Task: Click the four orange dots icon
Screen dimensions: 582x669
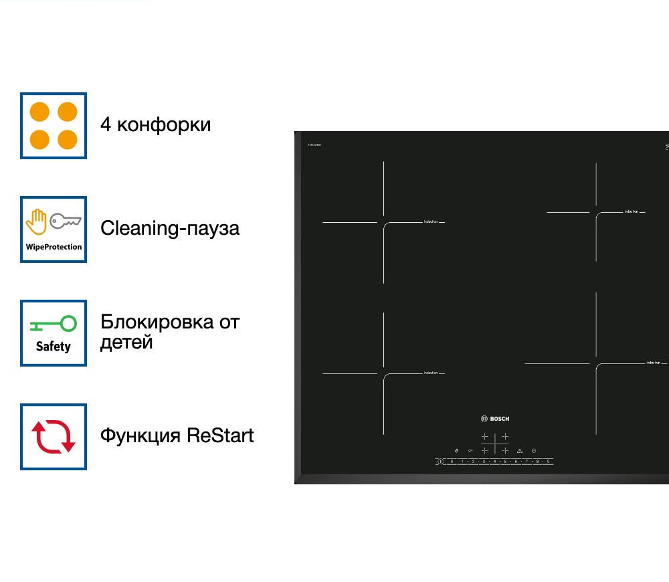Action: (54, 126)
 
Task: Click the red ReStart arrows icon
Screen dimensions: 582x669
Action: (54, 436)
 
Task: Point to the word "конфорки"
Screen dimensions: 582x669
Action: (164, 125)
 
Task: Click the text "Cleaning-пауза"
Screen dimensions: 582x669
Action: (169, 228)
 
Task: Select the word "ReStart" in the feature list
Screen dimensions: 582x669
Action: (220, 435)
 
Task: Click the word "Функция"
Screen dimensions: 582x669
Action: (140, 435)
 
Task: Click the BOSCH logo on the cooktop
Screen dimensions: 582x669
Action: (495, 419)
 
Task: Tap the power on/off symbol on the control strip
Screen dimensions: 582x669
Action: (534, 451)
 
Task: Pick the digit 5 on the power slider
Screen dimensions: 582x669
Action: (505, 462)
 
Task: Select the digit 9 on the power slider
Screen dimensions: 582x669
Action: (548, 462)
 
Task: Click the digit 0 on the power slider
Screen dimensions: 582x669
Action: (452, 462)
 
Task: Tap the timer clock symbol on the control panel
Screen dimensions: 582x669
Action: (519, 451)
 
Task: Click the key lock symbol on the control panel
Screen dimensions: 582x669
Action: (470, 451)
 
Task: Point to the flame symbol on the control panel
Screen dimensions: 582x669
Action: (456, 451)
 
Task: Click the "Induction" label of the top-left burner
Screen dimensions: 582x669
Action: (431, 221)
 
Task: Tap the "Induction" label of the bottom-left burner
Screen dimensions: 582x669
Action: (431, 373)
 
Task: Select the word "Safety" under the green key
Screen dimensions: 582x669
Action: (54, 347)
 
